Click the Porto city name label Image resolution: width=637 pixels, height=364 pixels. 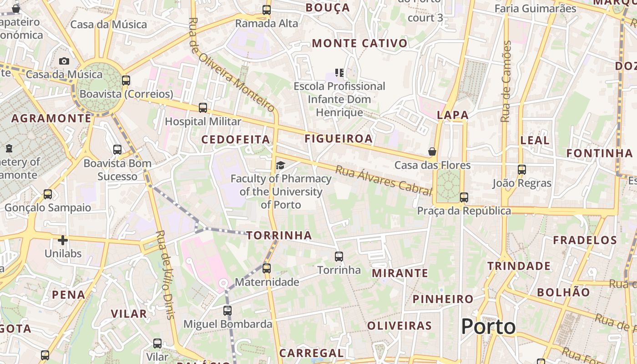pos(489,327)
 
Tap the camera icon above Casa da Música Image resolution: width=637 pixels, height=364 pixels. pos(64,61)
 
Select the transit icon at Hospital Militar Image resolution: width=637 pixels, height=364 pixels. pos(203,108)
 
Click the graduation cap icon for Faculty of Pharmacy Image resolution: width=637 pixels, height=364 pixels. pos(280,165)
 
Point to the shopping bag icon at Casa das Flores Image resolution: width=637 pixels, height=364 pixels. pos(432,151)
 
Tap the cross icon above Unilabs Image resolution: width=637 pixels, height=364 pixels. pos(63,240)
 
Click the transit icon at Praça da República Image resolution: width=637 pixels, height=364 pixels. pos(464,197)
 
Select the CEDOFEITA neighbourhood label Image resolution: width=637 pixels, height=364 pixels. pos(236,140)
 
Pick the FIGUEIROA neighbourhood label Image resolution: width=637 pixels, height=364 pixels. pos(339,138)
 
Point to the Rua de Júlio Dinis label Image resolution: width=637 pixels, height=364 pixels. pos(165,275)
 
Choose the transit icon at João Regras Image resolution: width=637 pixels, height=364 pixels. pos(522,170)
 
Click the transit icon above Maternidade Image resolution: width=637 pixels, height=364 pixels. pos(267,268)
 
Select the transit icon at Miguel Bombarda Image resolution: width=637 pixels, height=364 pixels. pos(227,311)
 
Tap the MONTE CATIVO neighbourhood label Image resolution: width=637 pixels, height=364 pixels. pos(359,44)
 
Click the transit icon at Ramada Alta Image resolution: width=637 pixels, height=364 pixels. pos(267,10)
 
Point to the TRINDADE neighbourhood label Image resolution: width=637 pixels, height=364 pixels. pos(519,266)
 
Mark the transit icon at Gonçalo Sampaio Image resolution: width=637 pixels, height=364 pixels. pos(48,194)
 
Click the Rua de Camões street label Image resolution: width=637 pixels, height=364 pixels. pos(506,82)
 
